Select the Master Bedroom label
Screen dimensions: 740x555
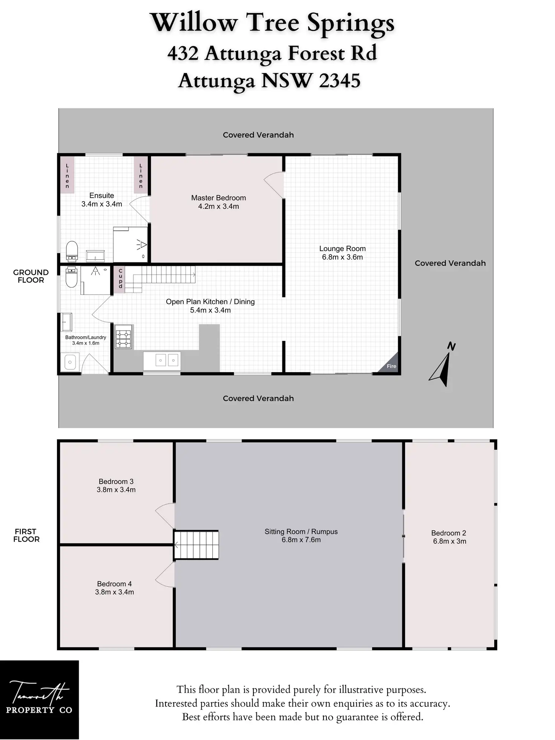[x=218, y=198]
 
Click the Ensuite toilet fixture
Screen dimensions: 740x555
[x=72, y=251]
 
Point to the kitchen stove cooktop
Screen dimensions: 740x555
[x=123, y=336]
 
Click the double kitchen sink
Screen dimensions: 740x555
[x=166, y=361]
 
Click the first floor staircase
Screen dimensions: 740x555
[x=196, y=545]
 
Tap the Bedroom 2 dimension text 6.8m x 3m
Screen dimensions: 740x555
[x=449, y=541]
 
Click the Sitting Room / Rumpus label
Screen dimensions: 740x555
[x=301, y=532]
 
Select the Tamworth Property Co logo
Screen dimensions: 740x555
[x=39, y=699]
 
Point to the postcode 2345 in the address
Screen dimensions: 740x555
[x=339, y=81]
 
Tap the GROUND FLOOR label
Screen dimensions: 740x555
[x=31, y=276]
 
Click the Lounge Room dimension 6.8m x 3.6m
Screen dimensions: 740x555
[x=342, y=257]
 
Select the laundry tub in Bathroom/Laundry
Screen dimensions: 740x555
[x=70, y=362]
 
